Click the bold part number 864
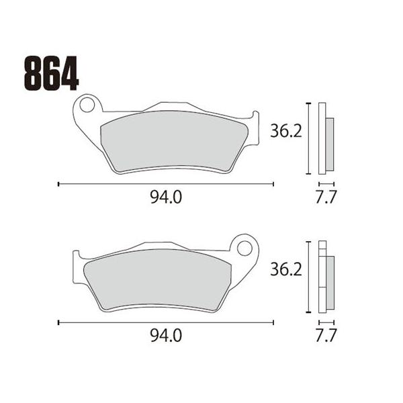coord(51,73)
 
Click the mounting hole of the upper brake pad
coord(87,105)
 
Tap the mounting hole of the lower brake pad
coord(244,249)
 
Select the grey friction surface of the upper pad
coord(175,141)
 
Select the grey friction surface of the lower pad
coord(157,280)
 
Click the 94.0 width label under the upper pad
coord(166,197)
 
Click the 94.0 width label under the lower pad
coord(166,336)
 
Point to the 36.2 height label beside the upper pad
coord(286,132)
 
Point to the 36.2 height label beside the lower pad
coord(286,270)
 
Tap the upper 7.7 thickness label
coord(326,197)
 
